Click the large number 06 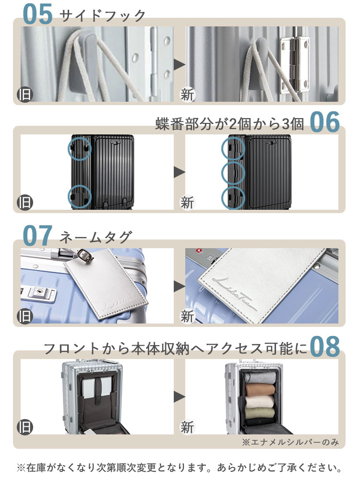[x=324, y=123]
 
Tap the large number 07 [x=37, y=236]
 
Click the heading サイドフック [x=102, y=15]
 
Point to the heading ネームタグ [x=95, y=237]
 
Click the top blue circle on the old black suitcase [x=79, y=148]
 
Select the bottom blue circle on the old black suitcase [x=79, y=196]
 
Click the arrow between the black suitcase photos [x=180, y=172]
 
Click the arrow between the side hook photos [x=180, y=64]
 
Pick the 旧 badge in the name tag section [x=24, y=316]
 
